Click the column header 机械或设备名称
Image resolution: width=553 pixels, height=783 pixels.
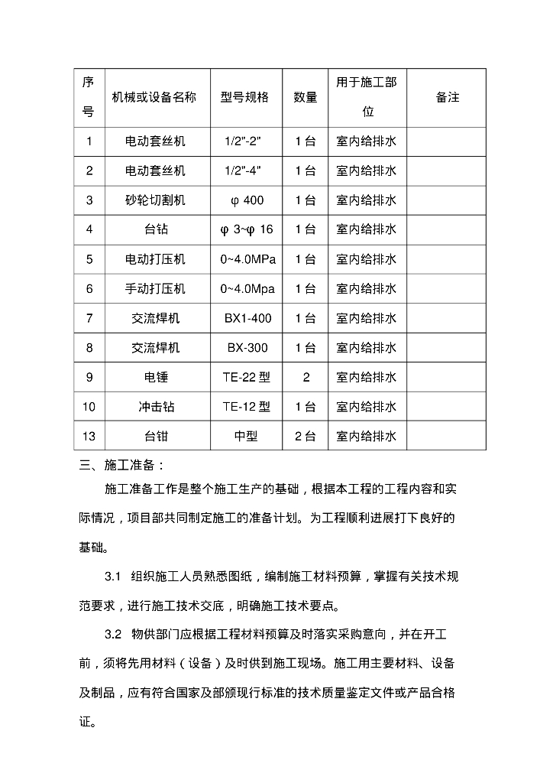[x=154, y=98]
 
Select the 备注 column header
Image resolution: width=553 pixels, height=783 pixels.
[x=448, y=98]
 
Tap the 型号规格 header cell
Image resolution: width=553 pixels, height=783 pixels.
[x=245, y=98]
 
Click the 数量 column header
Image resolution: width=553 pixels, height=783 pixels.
[x=306, y=98]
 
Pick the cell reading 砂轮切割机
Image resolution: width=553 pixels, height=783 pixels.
[x=155, y=200]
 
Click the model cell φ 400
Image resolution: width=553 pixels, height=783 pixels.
[x=247, y=200]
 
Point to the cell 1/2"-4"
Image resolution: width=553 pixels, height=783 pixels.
[x=247, y=171]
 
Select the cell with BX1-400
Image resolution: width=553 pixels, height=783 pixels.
[x=247, y=318]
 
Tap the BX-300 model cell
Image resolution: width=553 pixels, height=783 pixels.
[x=247, y=348]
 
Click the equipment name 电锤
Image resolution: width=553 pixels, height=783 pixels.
[x=155, y=378]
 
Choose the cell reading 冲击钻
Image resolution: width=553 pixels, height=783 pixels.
[x=155, y=407]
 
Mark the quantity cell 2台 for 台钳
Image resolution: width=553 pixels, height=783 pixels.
[x=306, y=437]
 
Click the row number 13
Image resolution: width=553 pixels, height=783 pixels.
[x=89, y=437]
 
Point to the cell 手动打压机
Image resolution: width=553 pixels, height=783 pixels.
[x=155, y=289]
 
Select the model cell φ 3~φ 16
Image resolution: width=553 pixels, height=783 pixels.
[x=247, y=229]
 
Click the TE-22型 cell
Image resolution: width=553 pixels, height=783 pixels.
[x=247, y=378]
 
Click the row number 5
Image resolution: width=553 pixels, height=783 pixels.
[x=89, y=259]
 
